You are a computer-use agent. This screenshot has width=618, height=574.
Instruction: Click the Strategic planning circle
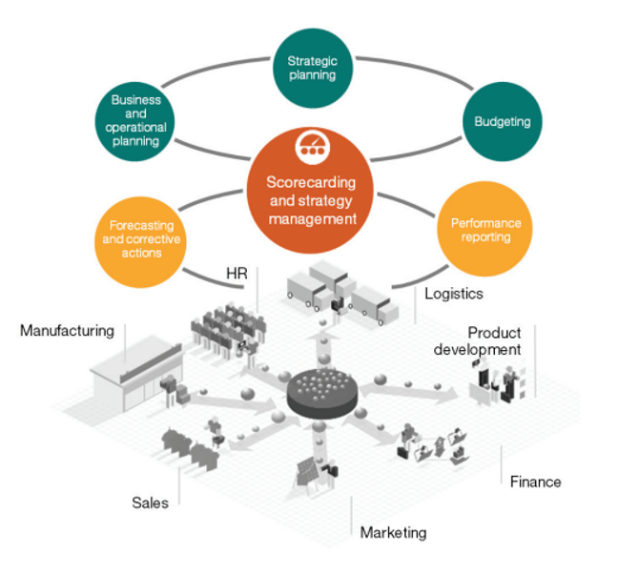[312, 68]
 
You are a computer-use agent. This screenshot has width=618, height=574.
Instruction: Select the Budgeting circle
[503, 122]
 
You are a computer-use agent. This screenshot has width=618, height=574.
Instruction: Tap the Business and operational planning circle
[135, 120]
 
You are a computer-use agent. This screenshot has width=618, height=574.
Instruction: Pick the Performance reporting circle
[485, 230]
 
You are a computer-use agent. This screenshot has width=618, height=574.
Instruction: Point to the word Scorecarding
[312, 181]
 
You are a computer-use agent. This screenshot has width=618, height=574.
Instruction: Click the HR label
[237, 274]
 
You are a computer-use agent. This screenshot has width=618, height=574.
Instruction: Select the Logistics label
[454, 294]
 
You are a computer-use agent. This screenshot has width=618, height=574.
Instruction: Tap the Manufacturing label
[67, 331]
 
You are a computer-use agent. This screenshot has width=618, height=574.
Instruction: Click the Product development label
[480, 340]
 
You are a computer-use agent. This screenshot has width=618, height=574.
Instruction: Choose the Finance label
[535, 482]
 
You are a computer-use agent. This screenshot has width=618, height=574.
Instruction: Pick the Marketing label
[393, 532]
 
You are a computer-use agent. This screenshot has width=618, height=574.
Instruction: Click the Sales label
[150, 502]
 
